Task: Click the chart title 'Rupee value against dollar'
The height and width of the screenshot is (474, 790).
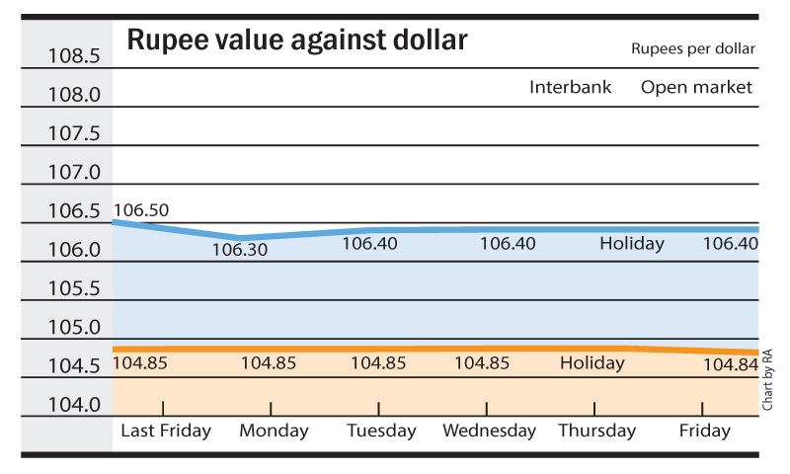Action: [x=296, y=41]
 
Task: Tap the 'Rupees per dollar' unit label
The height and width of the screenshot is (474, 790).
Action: [x=693, y=48]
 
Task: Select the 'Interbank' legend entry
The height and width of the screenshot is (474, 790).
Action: [x=570, y=87]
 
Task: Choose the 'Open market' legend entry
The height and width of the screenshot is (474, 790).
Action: [x=696, y=87]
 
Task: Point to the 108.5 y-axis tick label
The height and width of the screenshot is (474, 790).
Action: [x=74, y=56]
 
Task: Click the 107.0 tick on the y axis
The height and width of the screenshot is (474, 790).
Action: [x=74, y=173]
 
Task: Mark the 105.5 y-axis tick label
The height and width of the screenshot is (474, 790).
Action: [x=74, y=289]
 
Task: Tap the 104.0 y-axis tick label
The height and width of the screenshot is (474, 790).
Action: [x=74, y=405]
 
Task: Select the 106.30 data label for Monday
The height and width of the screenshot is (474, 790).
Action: [x=240, y=250]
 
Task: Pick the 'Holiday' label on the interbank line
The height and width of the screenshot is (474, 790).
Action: [x=632, y=244]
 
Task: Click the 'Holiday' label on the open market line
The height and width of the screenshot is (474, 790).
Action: [x=592, y=362]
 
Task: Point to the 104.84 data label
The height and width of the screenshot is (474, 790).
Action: [x=731, y=365]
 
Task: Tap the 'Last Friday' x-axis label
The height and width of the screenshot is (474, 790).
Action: [x=166, y=431]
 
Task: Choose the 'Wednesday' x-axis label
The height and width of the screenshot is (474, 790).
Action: [x=489, y=431]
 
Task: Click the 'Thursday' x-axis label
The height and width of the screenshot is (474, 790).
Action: [x=596, y=431]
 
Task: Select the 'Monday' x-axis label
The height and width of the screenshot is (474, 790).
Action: [x=274, y=431]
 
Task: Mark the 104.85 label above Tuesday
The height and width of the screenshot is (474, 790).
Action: [x=378, y=362]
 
